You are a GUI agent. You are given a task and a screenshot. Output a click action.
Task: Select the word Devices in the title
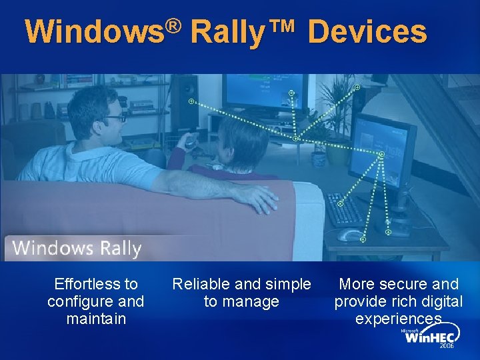(367, 32)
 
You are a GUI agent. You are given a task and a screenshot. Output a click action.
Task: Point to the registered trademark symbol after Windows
(174, 25)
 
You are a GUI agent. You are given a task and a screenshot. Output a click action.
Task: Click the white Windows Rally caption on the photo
(77, 249)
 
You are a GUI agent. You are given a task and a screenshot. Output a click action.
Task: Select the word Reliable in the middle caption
(201, 284)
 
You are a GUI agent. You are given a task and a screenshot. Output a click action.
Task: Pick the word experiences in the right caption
(398, 319)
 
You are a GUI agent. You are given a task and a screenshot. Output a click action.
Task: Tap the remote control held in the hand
(191, 141)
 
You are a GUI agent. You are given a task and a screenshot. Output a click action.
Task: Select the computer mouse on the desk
(349, 235)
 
